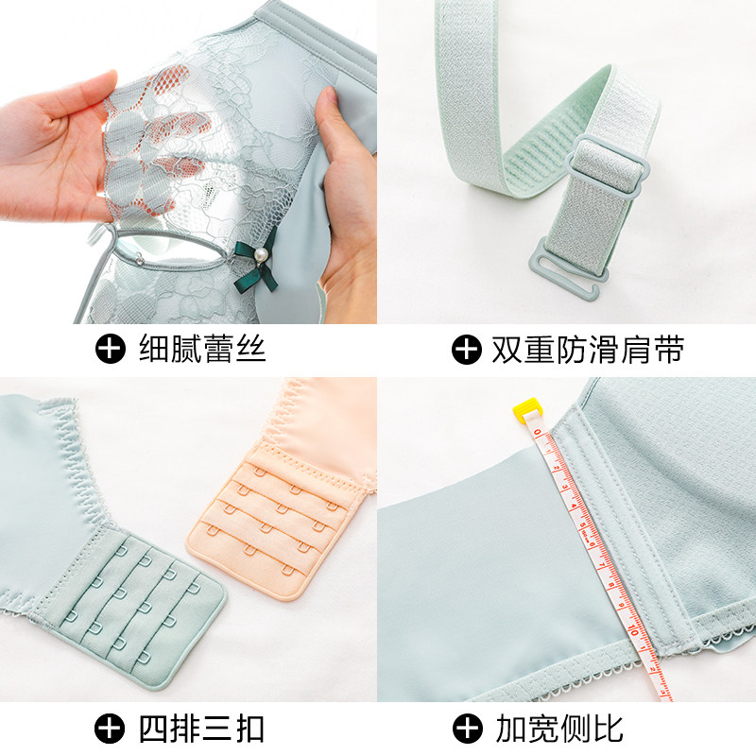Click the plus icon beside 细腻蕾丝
point(111,350)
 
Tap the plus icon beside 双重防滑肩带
point(466,350)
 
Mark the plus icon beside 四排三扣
point(111,729)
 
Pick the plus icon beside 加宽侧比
point(466,729)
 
